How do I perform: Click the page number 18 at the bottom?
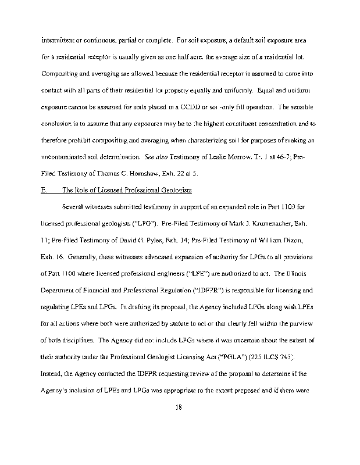pyautogui.click(x=179, y=407)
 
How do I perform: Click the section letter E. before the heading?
pyautogui.click(x=45, y=189)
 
